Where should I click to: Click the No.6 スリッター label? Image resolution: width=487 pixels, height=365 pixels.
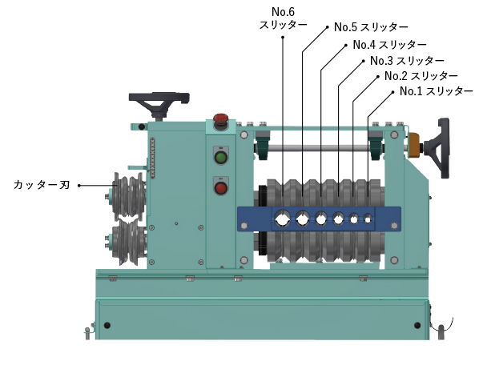tap(284, 18)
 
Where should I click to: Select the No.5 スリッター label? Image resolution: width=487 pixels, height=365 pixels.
tap(371, 27)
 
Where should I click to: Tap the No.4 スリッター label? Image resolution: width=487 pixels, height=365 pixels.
tap(389, 45)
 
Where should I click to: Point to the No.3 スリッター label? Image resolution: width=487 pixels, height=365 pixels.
tap(407, 61)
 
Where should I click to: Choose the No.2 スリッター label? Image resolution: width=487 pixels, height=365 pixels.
tap(421, 76)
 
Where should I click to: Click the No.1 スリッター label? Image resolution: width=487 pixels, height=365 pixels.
tap(436, 91)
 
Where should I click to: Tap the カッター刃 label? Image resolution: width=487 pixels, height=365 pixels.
tap(42, 185)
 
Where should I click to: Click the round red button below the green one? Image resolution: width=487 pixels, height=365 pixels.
tap(221, 188)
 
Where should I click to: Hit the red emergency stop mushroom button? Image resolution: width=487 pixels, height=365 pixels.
tap(221, 119)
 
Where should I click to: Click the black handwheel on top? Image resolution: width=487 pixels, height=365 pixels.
tap(159, 104)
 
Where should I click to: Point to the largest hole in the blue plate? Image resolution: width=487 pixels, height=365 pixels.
tap(282, 219)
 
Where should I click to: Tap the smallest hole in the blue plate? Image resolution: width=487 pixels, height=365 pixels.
tap(368, 219)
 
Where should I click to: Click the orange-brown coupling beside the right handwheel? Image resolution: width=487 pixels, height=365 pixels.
tap(413, 145)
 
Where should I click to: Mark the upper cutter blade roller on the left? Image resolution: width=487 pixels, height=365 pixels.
tap(128, 196)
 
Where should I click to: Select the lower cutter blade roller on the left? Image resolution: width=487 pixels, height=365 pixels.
tap(127, 242)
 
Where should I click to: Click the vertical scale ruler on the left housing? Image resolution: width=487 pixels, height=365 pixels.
tap(152, 158)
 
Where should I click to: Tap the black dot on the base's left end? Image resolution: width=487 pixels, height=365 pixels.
tap(107, 325)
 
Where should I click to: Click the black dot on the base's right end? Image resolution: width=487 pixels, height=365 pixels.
tap(417, 325)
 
